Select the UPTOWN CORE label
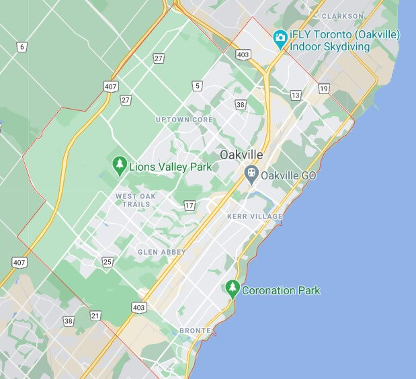click(x=184, y=120)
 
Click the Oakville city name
click(x=241, y=155)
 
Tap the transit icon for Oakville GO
click(x=251, y=175)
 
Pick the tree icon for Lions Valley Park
click(x=120, y=165)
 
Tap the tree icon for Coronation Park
click(x=233, y=290)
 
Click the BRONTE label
click(x=195, y=331)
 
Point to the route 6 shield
click(x=22, y=46)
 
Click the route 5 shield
click(x=197, y=85)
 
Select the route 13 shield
click(x=296, y=95)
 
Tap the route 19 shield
click(x=325, y=89)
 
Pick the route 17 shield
click(x=190, y=205)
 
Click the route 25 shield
click(x=108, y=261)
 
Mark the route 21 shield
click(x=95, y=315)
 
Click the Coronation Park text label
click(x=281, y=291)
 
